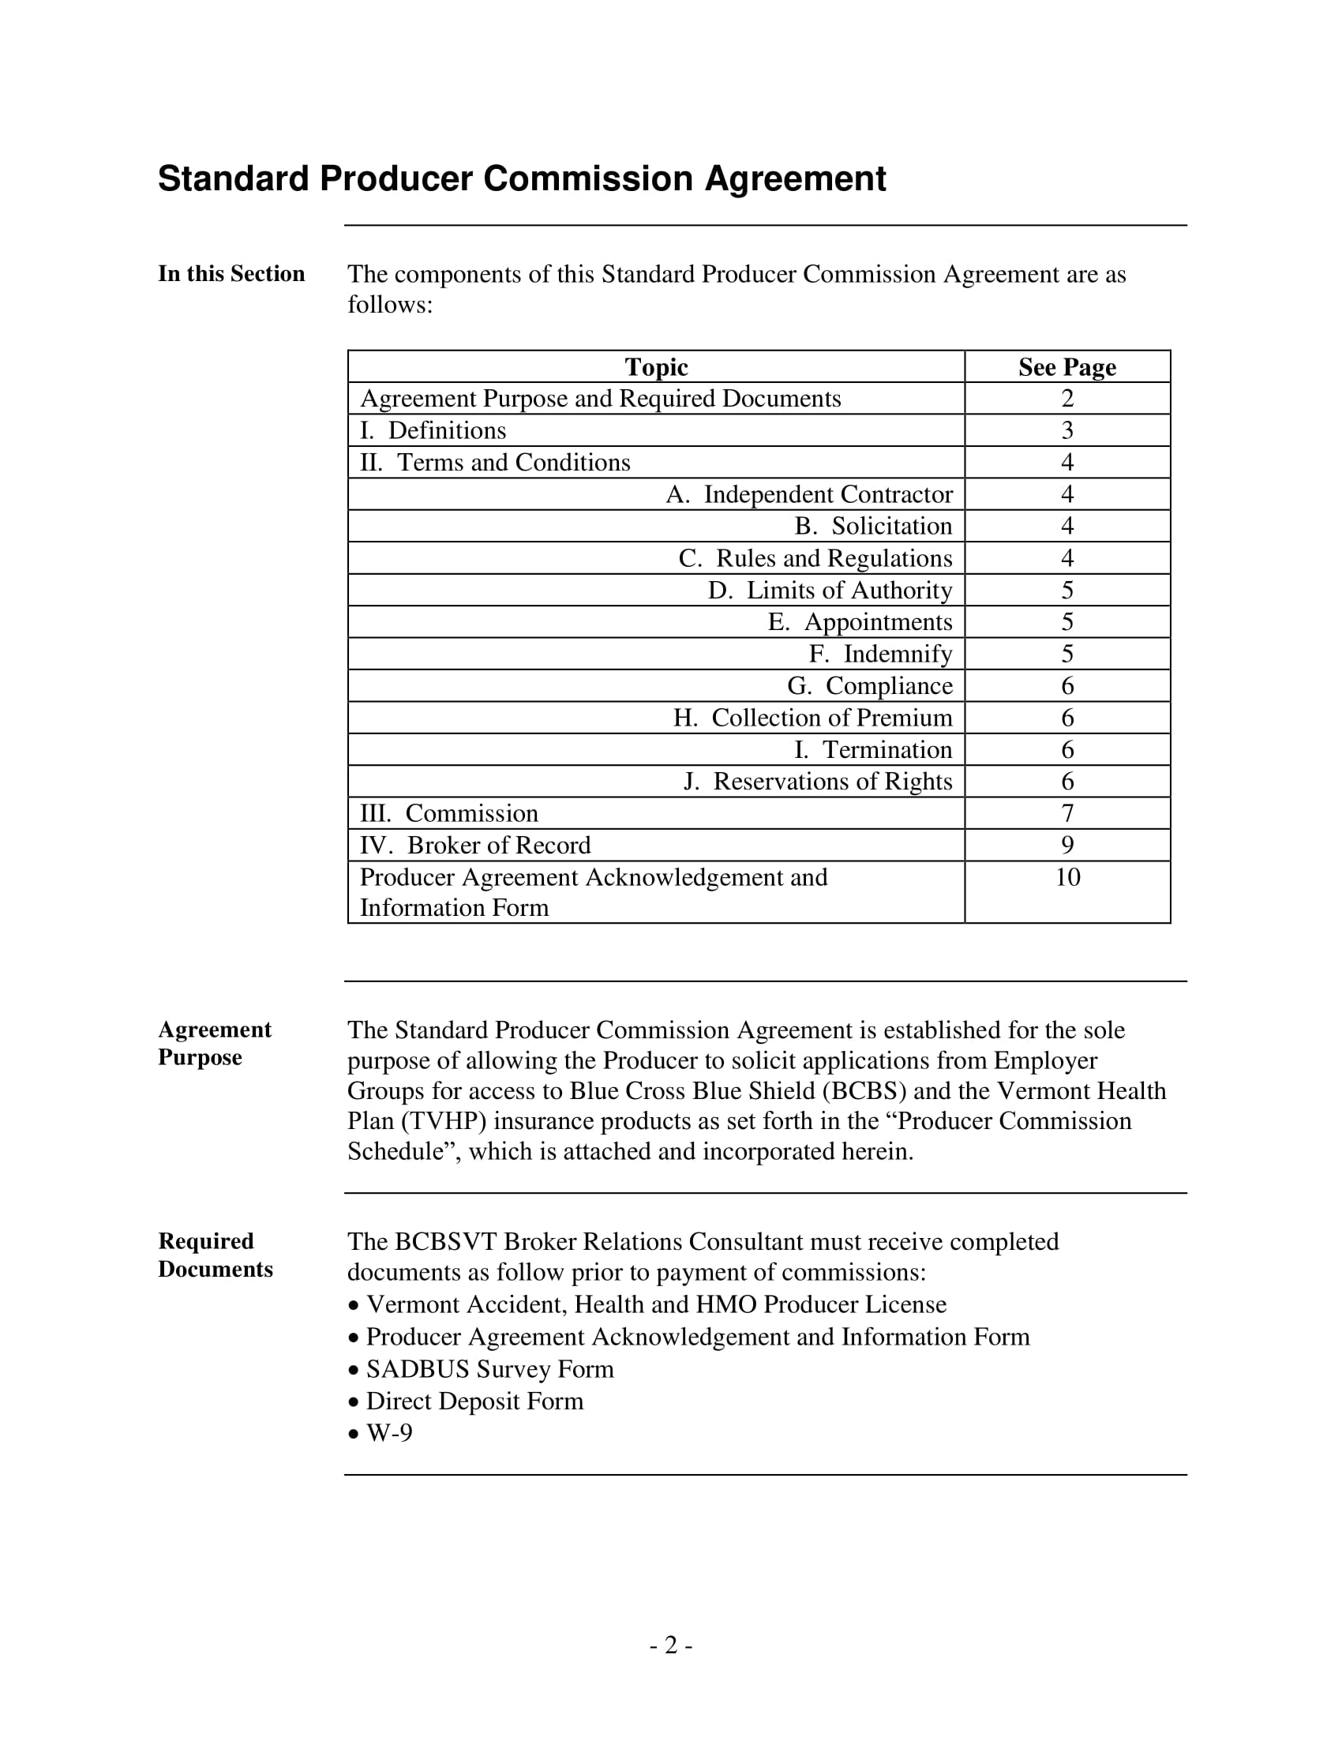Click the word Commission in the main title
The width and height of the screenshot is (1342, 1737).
tap(587, 179)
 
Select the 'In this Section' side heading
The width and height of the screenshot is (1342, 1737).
tap(231, 274)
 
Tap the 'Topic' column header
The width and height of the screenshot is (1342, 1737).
tap(656, 366)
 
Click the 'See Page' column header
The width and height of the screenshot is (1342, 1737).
tap(1067, 366)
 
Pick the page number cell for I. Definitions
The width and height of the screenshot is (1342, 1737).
tap(1067, 430)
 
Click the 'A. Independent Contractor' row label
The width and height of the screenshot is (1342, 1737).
tap(808, 495)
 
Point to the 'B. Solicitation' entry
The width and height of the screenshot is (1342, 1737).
tap(872, 527)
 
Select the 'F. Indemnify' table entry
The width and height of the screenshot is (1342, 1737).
tap(880, 654)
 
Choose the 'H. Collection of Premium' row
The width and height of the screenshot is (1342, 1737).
tap(812, 718)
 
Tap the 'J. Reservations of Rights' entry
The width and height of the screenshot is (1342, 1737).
tap(817, 782)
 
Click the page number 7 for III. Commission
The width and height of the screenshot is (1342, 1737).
tap(1067, 813)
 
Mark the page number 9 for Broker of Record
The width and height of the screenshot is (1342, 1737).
tap(1067, 846)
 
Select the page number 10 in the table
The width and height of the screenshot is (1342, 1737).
tap(1067, 877)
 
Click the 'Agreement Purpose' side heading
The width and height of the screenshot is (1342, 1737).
tap(215, 1044)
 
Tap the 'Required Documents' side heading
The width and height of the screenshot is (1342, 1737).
tap(215, 1255)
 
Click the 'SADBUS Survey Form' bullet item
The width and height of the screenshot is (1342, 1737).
tap(489, 1369)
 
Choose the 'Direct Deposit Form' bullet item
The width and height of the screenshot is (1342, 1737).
tap(474, 1401)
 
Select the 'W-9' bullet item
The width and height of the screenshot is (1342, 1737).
tap(388, 1433)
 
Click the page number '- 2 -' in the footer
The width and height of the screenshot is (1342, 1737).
tap(670, 1645)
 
